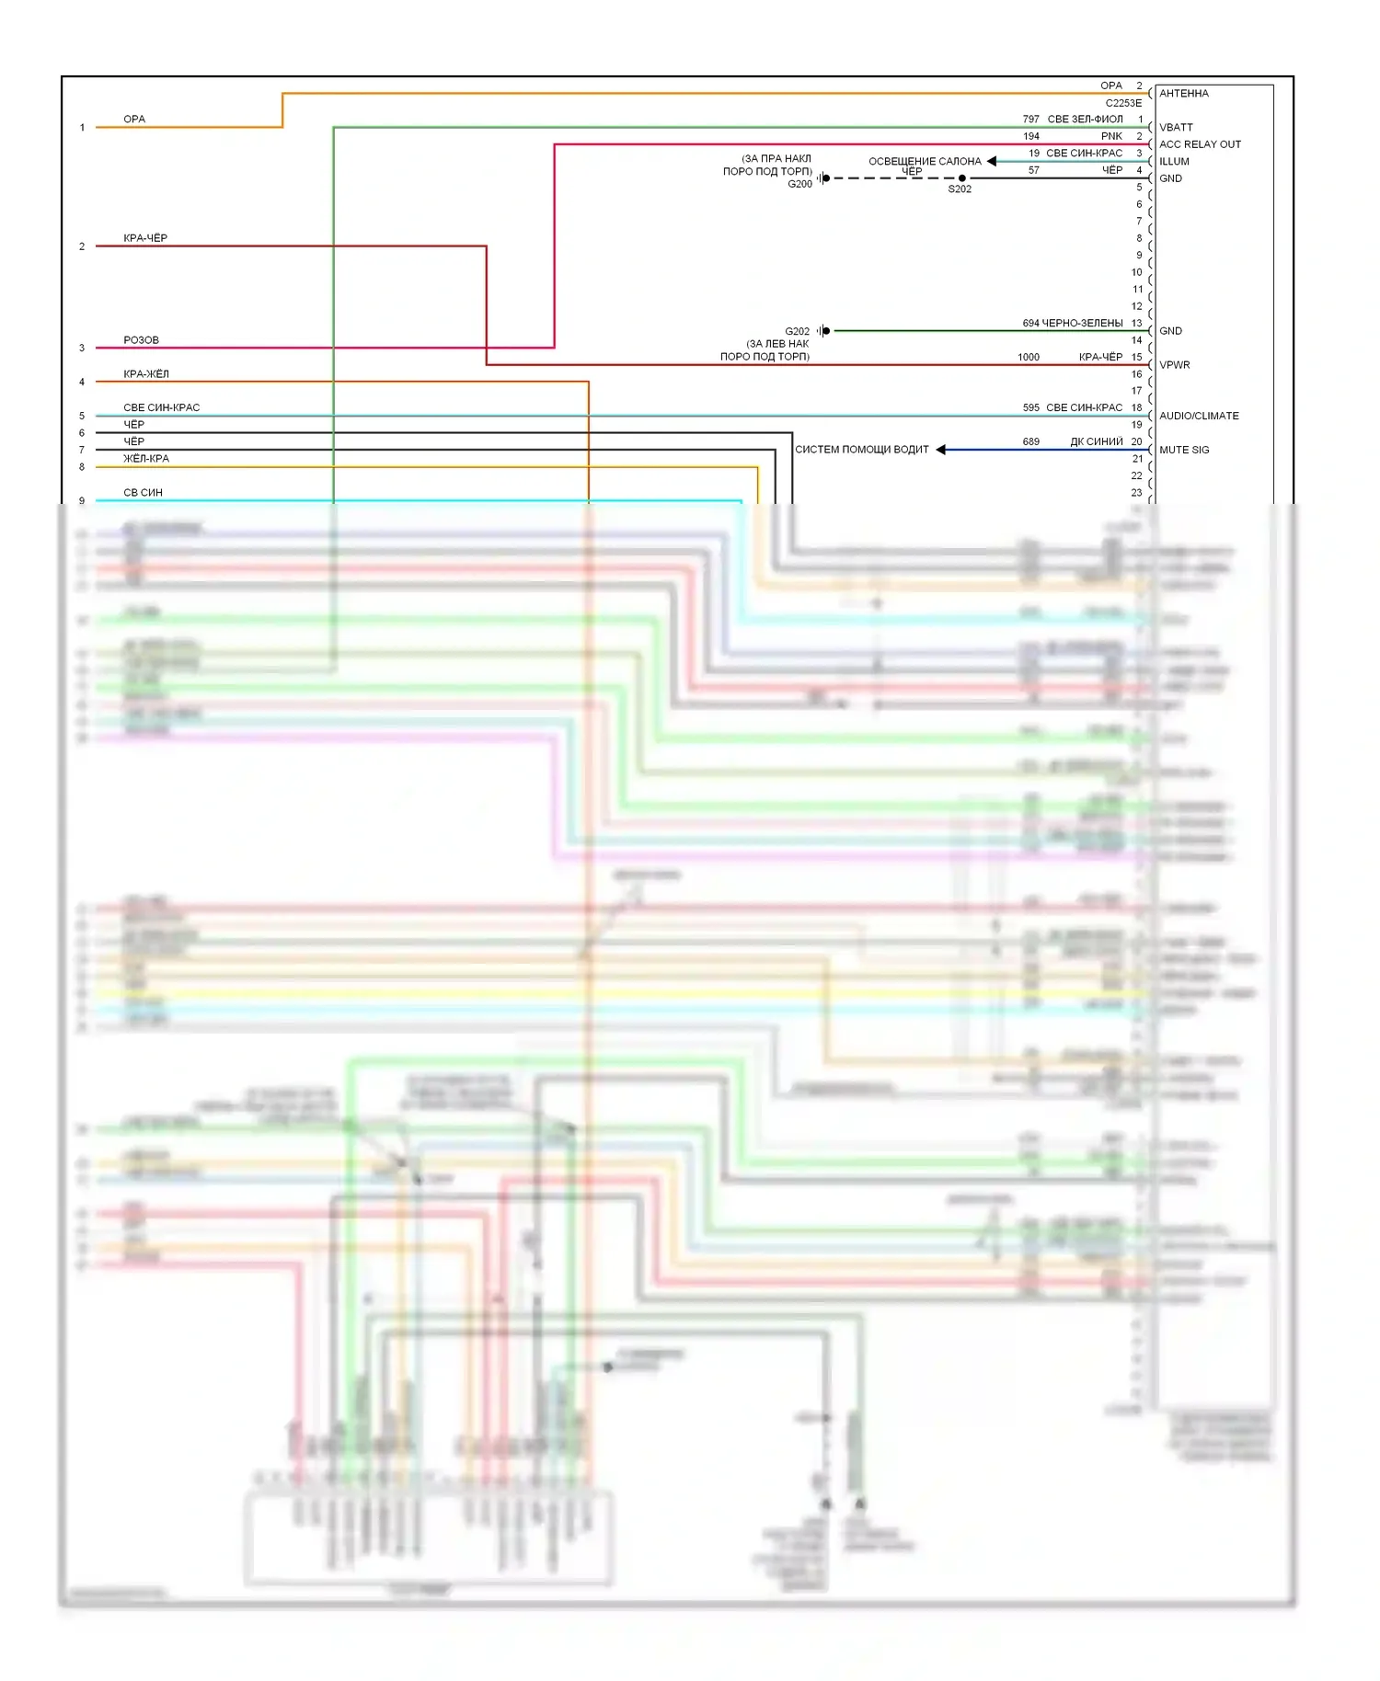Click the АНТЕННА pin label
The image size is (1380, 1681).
(1183, 94)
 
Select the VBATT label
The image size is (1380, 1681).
(1176, 128)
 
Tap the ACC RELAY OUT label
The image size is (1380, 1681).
(1200, 144)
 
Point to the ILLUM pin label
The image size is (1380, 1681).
(1174, 162)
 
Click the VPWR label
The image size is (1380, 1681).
(1174, 365)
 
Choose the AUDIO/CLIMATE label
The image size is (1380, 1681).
(1199, 416)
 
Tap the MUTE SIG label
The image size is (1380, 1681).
(1184, 450)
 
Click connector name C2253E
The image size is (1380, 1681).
(1123, 103)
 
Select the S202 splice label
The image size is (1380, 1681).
(960, 189)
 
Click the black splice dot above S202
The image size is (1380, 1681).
(962, 178)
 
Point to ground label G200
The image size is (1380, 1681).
(799, 184)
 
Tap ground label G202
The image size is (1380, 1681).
(797, 331)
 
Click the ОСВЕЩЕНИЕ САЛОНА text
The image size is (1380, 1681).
(925, 161)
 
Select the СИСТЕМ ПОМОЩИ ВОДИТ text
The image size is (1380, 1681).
(862, 450)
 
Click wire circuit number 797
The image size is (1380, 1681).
(1030, 120)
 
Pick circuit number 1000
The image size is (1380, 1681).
(1028, 357)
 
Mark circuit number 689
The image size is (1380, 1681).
(1030, 442)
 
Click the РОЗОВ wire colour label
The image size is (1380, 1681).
(141, 340)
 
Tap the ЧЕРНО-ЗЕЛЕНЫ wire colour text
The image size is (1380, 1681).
(1082, 324)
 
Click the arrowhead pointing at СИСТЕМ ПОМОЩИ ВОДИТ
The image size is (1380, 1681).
(941, 450)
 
